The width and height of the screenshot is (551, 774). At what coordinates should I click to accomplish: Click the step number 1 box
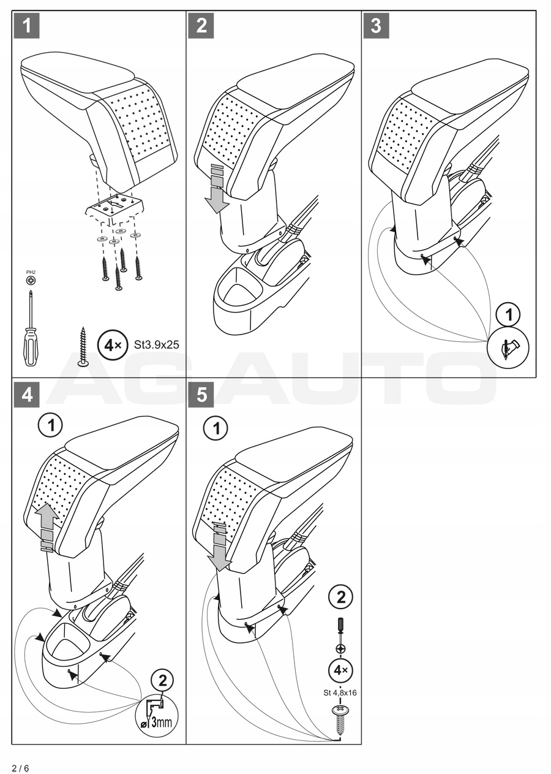click(26, 26)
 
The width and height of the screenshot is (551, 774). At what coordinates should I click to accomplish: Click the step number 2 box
click(202, 26)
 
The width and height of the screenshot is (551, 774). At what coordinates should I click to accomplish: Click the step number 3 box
click(377, 26)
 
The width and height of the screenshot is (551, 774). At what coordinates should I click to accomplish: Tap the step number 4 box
click(26, 394)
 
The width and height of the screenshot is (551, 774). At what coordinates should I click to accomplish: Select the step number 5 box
click(202, 394)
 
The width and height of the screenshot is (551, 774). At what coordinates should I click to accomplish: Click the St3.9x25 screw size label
click(156, 345)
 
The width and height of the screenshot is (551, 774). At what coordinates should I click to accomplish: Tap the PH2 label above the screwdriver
click(30, 271)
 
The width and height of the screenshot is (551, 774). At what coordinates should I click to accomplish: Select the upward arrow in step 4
click(47, 526)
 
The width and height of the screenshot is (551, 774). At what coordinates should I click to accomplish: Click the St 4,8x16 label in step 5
click(340, 693)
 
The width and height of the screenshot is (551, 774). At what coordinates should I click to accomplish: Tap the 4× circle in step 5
click(340, 670)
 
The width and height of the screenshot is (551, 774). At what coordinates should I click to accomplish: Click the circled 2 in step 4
click(162, 680)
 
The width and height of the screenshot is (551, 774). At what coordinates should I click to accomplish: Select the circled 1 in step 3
click(508, 316)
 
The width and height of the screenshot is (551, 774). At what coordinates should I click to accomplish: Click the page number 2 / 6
click(20, 768)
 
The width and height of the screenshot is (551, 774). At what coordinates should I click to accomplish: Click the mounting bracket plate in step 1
click(116, 207)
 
